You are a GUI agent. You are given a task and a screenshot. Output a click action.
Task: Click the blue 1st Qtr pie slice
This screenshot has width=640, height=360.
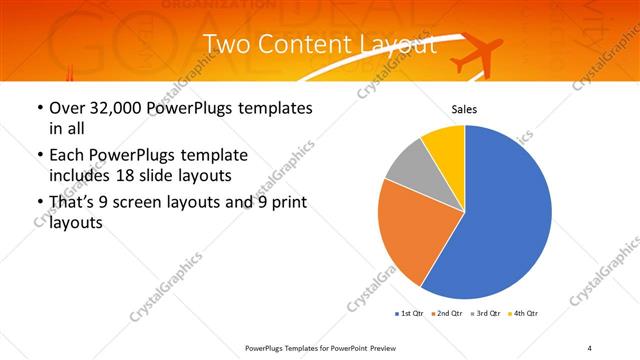pos(505,215)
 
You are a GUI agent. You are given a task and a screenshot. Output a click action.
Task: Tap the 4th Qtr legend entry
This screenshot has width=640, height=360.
pos(524,314)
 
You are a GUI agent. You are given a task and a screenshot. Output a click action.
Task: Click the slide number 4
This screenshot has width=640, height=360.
pos(589,347)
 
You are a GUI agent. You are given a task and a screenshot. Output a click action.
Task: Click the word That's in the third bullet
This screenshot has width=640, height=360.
pos(71,204)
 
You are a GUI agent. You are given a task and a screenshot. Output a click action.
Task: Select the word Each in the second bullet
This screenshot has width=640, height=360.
pos(68,156)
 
